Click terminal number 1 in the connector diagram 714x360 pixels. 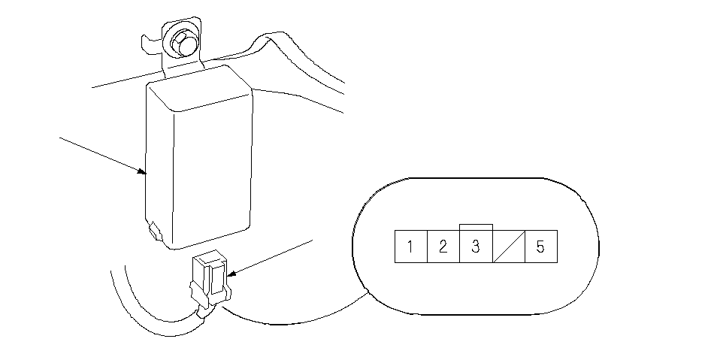tap(410, 247)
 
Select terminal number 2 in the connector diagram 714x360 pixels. tap(443, 247)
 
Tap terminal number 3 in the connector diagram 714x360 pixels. tap(476, 247)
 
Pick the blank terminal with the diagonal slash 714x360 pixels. tap(509, 247)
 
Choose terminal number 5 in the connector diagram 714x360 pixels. tap(541, 247)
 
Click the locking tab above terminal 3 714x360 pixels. tap(476, 227)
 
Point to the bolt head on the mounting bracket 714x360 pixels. tap(183, 44)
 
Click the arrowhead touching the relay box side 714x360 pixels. tap(143, 171)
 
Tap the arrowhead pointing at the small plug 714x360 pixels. tap(231, 274)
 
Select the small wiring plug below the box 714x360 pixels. tap(209, 279)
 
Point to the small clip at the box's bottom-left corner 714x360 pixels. tap(155, 230)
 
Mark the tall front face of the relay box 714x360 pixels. tap(212, 175)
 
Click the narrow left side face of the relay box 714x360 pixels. tap(159, 164)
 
